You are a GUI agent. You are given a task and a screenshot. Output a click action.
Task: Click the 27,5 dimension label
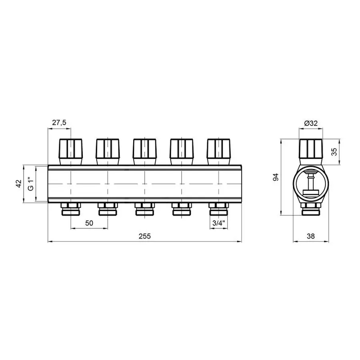coord(59,123)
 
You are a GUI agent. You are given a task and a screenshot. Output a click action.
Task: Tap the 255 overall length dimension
coord(145,236)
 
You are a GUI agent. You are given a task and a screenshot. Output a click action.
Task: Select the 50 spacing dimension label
coord(89,223)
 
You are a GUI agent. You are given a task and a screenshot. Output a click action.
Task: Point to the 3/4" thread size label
coord(218,223)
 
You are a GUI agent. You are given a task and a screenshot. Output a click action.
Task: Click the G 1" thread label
coord(30,184)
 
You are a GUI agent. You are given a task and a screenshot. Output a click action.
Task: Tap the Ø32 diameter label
coord(311,123)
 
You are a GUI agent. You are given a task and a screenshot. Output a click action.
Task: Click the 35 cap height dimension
coord(334,152)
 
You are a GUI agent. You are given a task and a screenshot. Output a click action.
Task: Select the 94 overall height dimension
coord(276,177)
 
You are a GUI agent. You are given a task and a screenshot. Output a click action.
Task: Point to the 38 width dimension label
coord(311,236)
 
